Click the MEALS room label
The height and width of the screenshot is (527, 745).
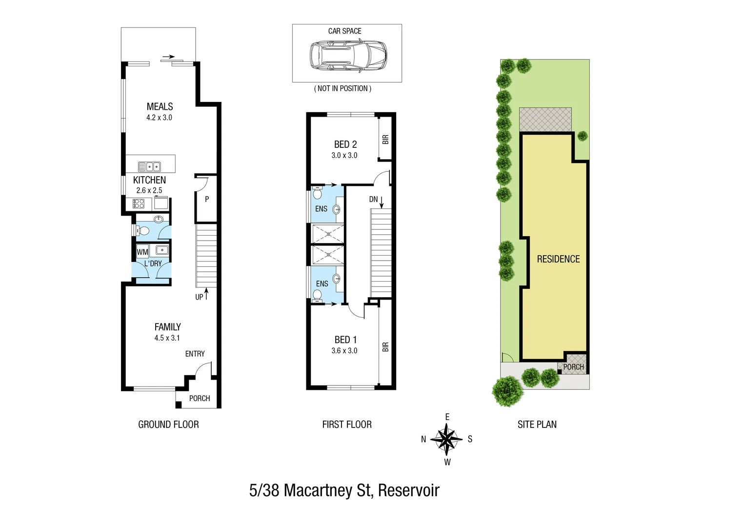pyautogui.click(x=160, y=106)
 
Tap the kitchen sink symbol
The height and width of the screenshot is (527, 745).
pyautogui.click(x=149, y=166)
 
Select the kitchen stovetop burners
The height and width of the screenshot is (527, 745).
pyautogui.click(x=139, y=203)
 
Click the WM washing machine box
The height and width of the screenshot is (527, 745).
pyautogui.click(x=142, y=252)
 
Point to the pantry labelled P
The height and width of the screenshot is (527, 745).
pyautogui.click(x=207, y=199)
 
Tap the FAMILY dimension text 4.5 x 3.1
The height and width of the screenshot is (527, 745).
pyautogui.click(x=167, y=338)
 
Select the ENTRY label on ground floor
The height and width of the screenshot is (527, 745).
pyautogui.click(x=195, y=354)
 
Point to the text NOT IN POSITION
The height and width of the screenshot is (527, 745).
pyautogui.click(x=343, y=88)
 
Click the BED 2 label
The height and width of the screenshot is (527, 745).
pyautogui.click(x=345, y=144)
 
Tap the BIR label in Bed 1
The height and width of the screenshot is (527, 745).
pyautogui.click(x=385, y=347)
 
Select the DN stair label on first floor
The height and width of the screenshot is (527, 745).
pyautogui.click(x=374, y=199)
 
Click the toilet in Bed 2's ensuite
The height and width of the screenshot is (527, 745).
pyautogui.click(x=317, y=194)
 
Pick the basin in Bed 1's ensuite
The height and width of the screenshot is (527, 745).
pyautogui.click(x=337, y=279)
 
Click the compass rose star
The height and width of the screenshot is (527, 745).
pyautogui.click(x=446, y=439)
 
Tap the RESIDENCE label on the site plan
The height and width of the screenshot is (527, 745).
pyautogui.click(x=558, y=259)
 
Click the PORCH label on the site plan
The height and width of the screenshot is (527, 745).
pyautogui.click(x=573, y=367)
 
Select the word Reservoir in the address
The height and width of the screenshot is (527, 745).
pyautogui.click(x=408, y=490)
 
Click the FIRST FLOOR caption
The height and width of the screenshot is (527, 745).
pyautogui.click(x=347, y=425)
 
